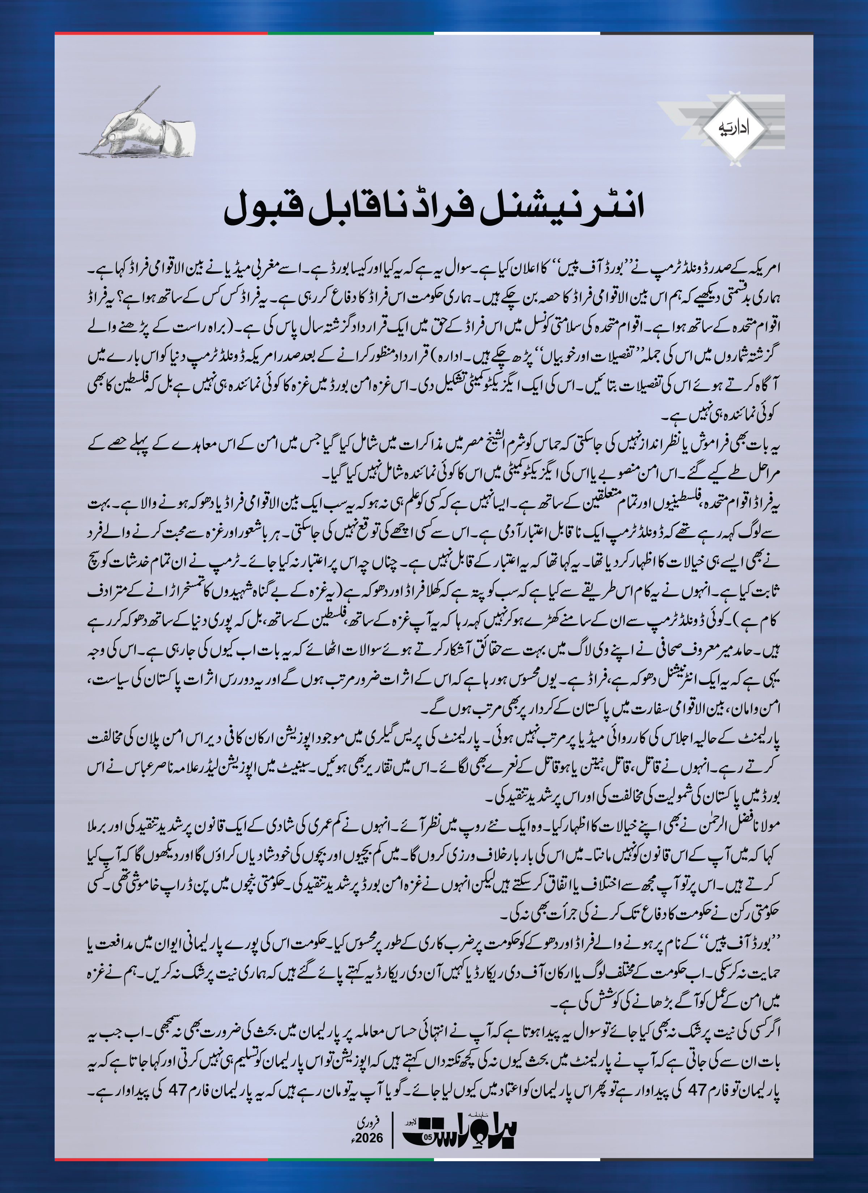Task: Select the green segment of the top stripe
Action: tap(350, 34)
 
